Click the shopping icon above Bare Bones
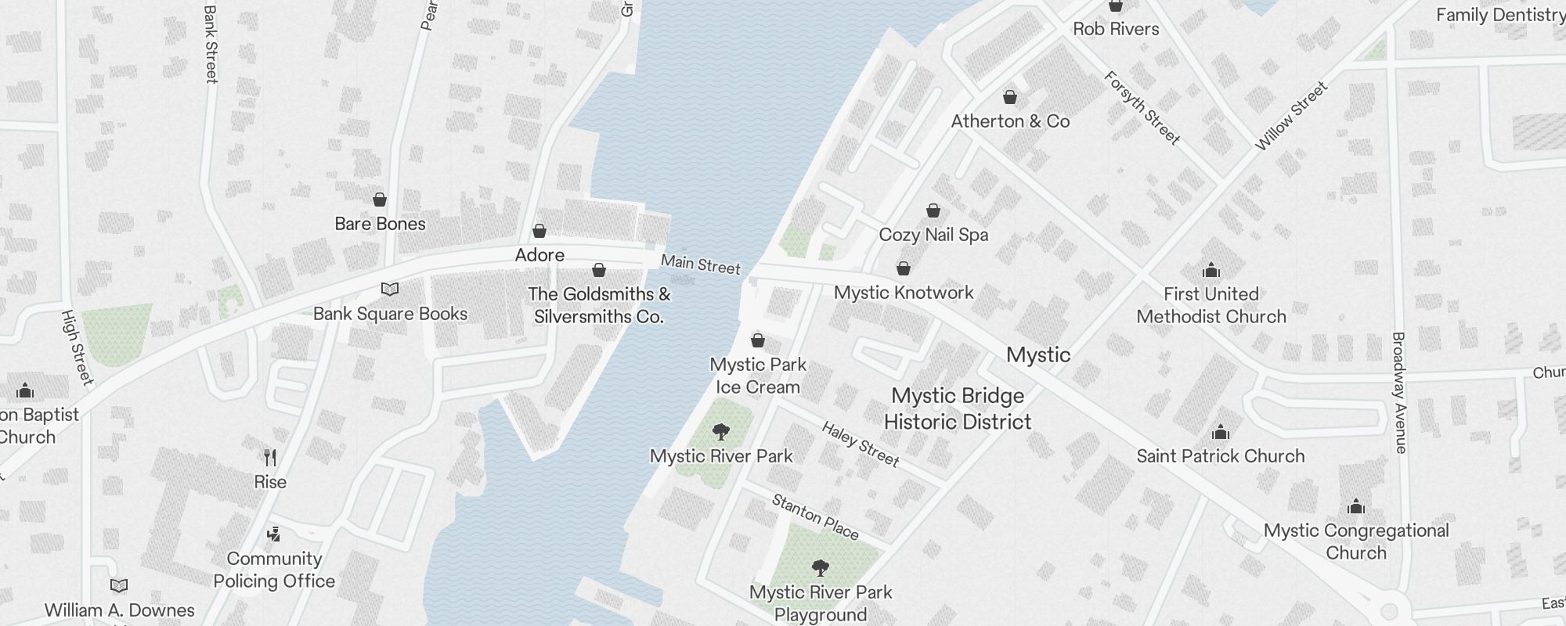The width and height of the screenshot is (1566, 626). click(380, 200)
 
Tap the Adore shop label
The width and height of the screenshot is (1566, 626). click(539, 255)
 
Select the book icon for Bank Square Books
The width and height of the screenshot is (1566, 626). click(390, 290)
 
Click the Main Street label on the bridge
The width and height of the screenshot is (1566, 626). click(701, 265)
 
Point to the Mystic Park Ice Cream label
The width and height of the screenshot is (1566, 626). click(758, 376)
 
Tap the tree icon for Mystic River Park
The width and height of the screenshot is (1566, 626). click(721, 432)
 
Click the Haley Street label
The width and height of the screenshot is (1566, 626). click(861, 444)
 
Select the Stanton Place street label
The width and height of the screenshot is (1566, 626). click(815, 516)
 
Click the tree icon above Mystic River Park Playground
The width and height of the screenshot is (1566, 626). click(820, 568)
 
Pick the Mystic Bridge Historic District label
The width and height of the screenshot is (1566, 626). click(958, 408)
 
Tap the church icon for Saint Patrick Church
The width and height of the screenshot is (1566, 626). click(1220, 433)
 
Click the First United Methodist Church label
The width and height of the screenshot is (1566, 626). click(1211, 305)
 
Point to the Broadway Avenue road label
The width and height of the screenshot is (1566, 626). click(1399, 393)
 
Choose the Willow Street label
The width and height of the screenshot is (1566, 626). click(1291, 116)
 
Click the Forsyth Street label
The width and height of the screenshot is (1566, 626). click(1142, 108)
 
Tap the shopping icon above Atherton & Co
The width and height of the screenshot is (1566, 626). click(1010, 98)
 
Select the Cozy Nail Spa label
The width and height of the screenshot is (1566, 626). click(933, 235)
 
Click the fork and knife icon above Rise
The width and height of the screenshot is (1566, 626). click(270, 458)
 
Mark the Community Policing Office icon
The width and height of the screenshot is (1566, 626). click(273, 534)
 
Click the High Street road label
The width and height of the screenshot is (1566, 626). click(77, 347)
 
